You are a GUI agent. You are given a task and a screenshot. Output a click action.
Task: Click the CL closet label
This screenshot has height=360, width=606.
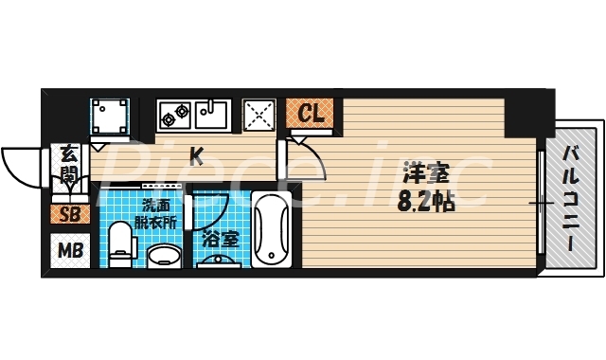tap(311, 115)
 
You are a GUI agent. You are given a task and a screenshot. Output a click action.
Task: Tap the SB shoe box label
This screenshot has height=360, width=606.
tap(70, 214)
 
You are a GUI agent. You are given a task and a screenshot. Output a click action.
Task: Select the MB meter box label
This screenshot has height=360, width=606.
tap(70, 251)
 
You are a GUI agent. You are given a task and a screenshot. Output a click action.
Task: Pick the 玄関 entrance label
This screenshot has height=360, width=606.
tap(69, 163)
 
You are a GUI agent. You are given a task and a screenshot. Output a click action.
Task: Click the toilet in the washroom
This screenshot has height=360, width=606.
tap(120, 244)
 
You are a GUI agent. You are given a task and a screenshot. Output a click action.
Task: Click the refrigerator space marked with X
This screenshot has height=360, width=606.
tap(258, 117)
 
